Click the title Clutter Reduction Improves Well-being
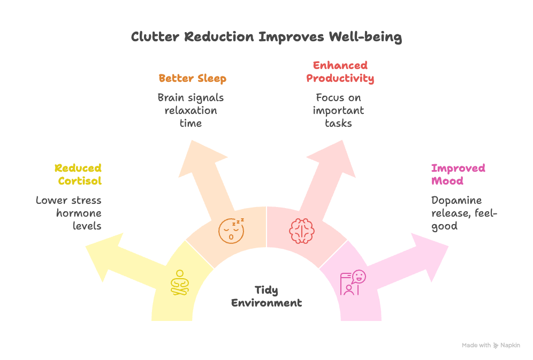point(266,37)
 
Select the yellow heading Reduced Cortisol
point(78,175)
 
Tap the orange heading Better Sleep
point(192,79)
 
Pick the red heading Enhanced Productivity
point(340,72)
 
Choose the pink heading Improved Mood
point(451,175)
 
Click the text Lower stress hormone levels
point(69,213)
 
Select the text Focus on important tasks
point(339,110)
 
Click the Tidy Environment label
point(266,296)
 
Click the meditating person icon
point(180,282)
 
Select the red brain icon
point(301,231)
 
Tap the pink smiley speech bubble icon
point(353,282)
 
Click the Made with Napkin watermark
point(491,346)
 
